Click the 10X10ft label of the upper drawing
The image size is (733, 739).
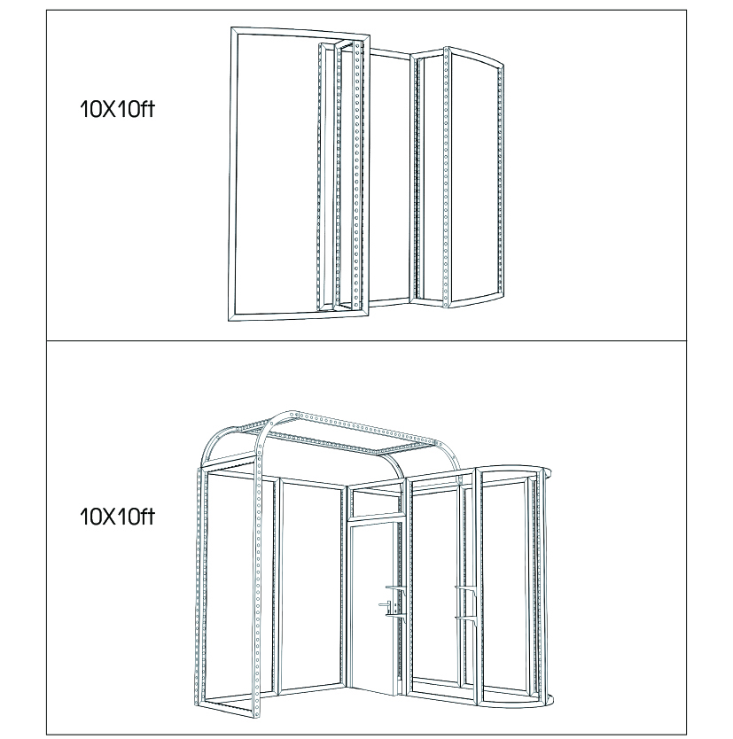click(x=117, y=109)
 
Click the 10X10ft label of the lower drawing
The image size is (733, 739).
click(x=117, y=517)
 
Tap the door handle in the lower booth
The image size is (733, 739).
click(x=385, y=604)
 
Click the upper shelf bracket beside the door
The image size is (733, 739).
click(x=396, y=588)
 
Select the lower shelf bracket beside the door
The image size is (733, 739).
click(x=396, y=614)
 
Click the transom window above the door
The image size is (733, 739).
click(x=377, y=502)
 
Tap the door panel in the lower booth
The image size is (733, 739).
click(x=372, y=679)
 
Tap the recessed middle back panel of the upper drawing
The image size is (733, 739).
click(x=390, y=179)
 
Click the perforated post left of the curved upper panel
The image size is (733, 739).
click(x=446, y=176)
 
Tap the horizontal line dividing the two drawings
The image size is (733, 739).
click(x=366, y=340)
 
